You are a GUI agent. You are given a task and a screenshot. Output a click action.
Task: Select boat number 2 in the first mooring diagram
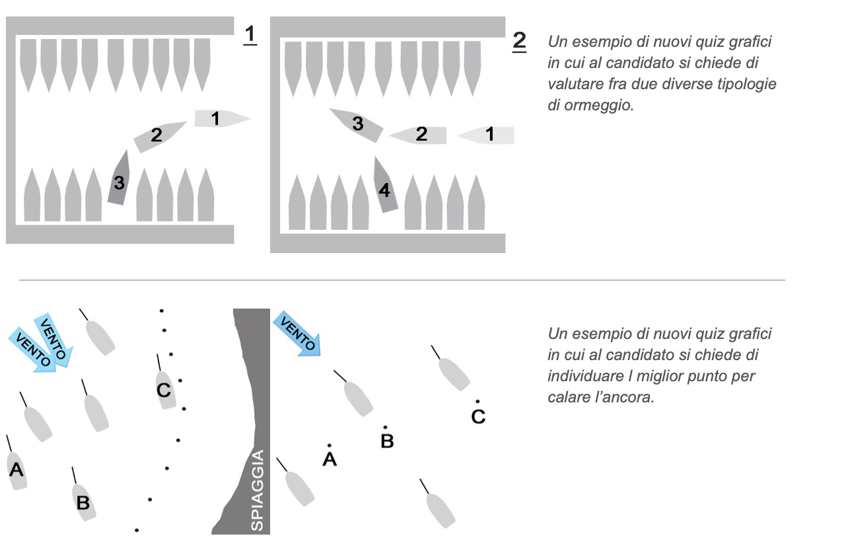pyautogui.click(x=159, y=135)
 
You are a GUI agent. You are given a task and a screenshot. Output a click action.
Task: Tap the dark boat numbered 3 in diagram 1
pyautogui.click(x=118, y=178)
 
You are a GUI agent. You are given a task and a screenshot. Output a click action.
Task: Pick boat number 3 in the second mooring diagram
pyautogui.click(x=357, y=124)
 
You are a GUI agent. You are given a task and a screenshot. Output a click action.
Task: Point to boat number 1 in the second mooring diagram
pyautogui.click(x=486, y=135)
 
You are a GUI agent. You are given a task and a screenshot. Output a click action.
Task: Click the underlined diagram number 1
pyautogui.click(x=250, y=34)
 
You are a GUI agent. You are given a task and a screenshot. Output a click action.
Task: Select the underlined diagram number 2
pyautogui.click(x=520, y=41)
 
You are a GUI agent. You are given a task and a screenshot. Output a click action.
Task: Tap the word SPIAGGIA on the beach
pyautogui.click(x=258, y=490)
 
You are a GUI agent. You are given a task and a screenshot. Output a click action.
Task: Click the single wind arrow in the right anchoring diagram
pyautogui.click(x=299, y=334)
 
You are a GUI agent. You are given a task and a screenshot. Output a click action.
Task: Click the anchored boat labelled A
pyautogui.click(x=17, y=469)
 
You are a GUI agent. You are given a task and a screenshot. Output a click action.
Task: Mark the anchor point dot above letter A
pyautogui.click(x=329, y=445)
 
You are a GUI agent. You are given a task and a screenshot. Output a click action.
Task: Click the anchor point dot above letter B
pyautogui.click(x=386, y=428)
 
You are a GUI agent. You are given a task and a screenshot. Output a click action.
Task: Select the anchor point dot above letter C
pyautogui.click(x=477, y=401)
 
